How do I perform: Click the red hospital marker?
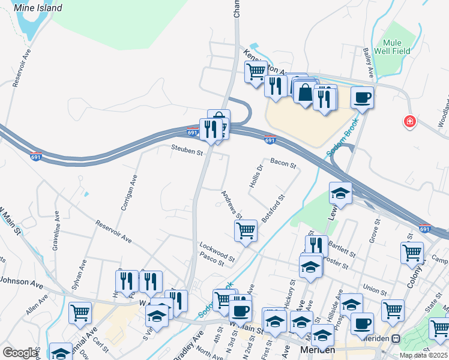[410, 122]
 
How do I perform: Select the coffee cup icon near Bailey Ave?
[363, 97]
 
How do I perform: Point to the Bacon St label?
[283, 163]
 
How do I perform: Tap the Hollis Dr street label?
[256, 176]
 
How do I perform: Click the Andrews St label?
[231, 205]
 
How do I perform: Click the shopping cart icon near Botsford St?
[246, 230]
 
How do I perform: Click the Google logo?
[20, 352]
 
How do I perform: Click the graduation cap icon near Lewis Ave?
[340, 193]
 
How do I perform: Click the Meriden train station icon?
[396, 338]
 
